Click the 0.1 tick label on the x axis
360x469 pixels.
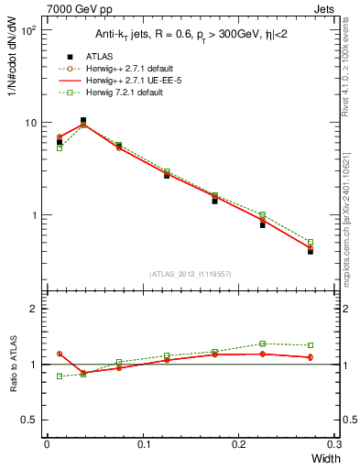point(143,444)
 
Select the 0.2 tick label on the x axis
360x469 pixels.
point(239,444)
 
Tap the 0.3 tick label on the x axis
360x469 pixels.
point(335,444)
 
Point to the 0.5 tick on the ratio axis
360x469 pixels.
point(29,420)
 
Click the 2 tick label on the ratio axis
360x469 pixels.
point(34,309)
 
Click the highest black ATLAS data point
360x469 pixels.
point(83,120)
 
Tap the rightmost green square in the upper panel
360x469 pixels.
point(310,243)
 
